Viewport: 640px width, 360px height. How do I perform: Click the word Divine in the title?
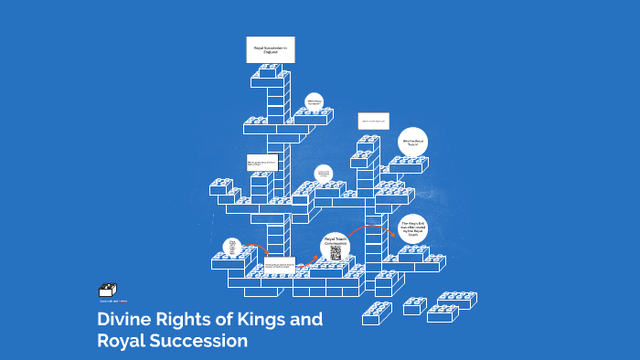click(x=125, y=322)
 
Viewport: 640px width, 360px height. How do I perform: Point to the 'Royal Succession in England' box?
click(x=271, y=51)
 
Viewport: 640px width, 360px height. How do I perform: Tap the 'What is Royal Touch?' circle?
click(x=413, y=143)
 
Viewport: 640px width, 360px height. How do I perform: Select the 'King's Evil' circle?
click(x=414, y=228)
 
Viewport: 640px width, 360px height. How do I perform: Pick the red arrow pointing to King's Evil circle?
click(x=370, y=228)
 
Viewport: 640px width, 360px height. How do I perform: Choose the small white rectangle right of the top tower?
click(x=373, y=121)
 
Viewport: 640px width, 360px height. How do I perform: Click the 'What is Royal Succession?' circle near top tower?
click(x=315, y=102)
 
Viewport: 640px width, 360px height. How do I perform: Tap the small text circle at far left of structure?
click(x=233, y=248)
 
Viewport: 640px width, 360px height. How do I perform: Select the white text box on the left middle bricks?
click(x=261, y=164)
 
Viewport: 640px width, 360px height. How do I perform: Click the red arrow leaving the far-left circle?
click(x=258, y=249)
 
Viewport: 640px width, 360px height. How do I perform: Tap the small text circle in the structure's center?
click(x=322, y=174)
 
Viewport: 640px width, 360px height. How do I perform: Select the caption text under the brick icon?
click(x=113, y=300)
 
